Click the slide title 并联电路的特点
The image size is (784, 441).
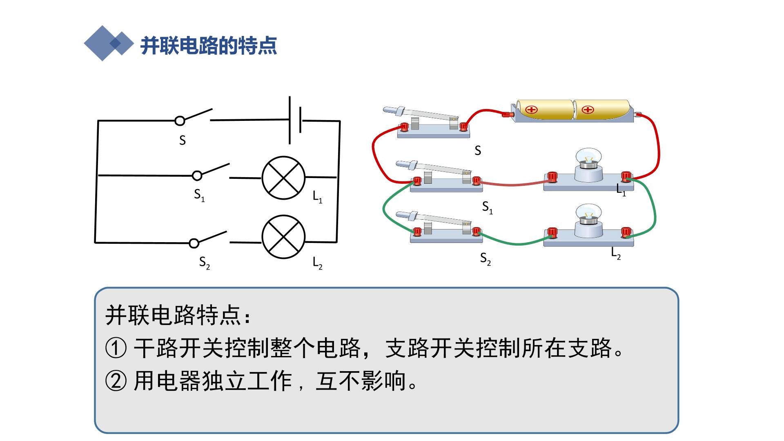[209, 45]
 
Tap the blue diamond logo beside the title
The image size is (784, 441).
[109, 43]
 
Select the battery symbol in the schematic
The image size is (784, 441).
[295, 120]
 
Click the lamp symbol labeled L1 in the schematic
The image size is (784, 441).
[283, 178]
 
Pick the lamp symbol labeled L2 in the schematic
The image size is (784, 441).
[283, 237]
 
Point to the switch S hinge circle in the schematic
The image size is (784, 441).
[180, 120]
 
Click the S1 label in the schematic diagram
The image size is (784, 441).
[199, 195]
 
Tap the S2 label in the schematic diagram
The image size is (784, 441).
[205, 263]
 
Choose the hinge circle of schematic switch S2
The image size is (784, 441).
[194, 243]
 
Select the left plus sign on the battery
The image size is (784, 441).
[531, 109]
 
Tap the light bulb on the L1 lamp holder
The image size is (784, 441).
[588, 159]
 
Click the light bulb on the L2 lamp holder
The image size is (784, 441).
[588, 215]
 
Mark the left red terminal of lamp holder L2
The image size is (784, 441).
[552, 232]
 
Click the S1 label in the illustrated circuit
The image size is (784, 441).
[488, 208]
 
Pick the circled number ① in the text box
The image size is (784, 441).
[116, 349]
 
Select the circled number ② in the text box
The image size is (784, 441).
[116, 381]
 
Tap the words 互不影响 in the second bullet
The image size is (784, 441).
[361, 381]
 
